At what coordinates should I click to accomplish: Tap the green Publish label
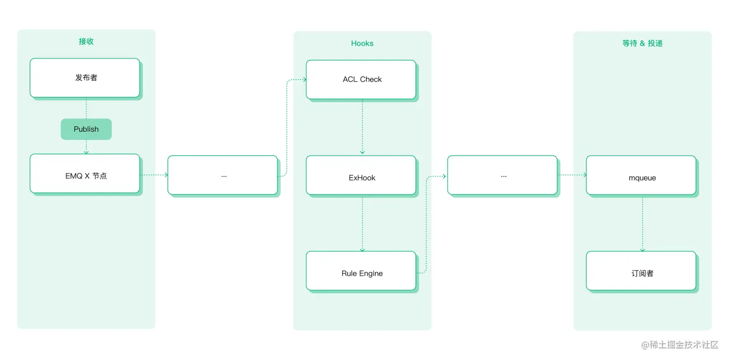click(x=86, y=129)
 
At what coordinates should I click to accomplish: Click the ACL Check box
click(x=361, y=80)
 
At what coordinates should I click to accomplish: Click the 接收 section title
click(x=86, y=41)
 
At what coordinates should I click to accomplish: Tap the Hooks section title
click(x=362, y=43)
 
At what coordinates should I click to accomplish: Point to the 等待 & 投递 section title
click(x=642, y=43)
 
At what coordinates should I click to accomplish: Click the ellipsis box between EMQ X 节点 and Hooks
click(x=223, y=175)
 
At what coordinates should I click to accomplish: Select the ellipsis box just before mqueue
click(x=502, y=175)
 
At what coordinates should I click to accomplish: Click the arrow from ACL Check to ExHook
click(x=363, y=127)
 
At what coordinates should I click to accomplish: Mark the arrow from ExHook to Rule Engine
click(x=363, y=223)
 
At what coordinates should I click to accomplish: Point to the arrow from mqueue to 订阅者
click(x=642, y=223)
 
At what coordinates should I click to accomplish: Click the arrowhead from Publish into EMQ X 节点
click(x=86, y=152)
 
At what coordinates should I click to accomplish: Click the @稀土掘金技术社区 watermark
click(x=680, y=345)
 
